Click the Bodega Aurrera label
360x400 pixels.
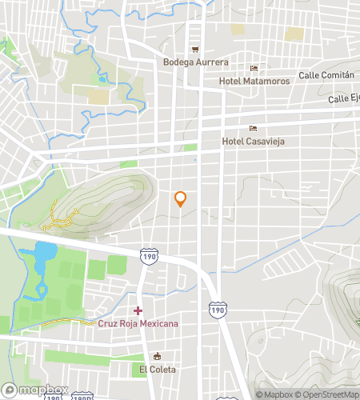click(195, 62)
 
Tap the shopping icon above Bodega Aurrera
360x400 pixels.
click(194, 50)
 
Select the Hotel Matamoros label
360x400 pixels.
click(254, 81)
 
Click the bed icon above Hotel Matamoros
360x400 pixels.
click(254, 69)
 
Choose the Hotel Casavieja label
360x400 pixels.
click(254, 142)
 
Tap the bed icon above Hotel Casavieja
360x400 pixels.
click(254, 129)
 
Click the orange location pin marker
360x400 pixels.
click(181, 198)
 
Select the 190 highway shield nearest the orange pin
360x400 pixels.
click(148, 255)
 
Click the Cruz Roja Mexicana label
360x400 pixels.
click(138, 323)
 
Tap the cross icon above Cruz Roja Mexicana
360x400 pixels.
click(138, 310)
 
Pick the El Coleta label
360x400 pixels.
click(156, 370)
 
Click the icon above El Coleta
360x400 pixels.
click(157, 357)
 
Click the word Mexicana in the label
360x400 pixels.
click(157, 323)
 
